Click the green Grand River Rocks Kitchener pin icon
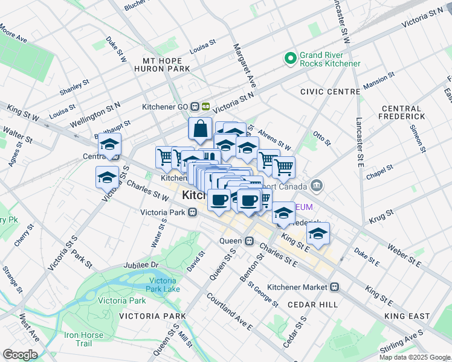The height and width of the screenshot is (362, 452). click(x=291, y=59)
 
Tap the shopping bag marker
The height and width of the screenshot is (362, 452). click(x=199, y=129)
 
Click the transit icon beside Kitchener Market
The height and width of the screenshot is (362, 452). click(x=335, y=287)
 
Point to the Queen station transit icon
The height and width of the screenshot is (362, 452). click(x=248, y=240)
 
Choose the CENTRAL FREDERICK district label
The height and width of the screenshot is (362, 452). click(x=408, y=112)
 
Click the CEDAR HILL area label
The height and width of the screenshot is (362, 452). click(x=312, y=305)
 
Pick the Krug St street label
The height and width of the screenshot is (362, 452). click(x=381, y=213)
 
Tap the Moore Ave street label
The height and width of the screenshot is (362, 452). click(x=13, y=34)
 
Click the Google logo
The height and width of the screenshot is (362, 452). click(x=20, y=355)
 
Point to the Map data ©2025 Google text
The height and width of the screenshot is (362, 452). click(x=415, y=357)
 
